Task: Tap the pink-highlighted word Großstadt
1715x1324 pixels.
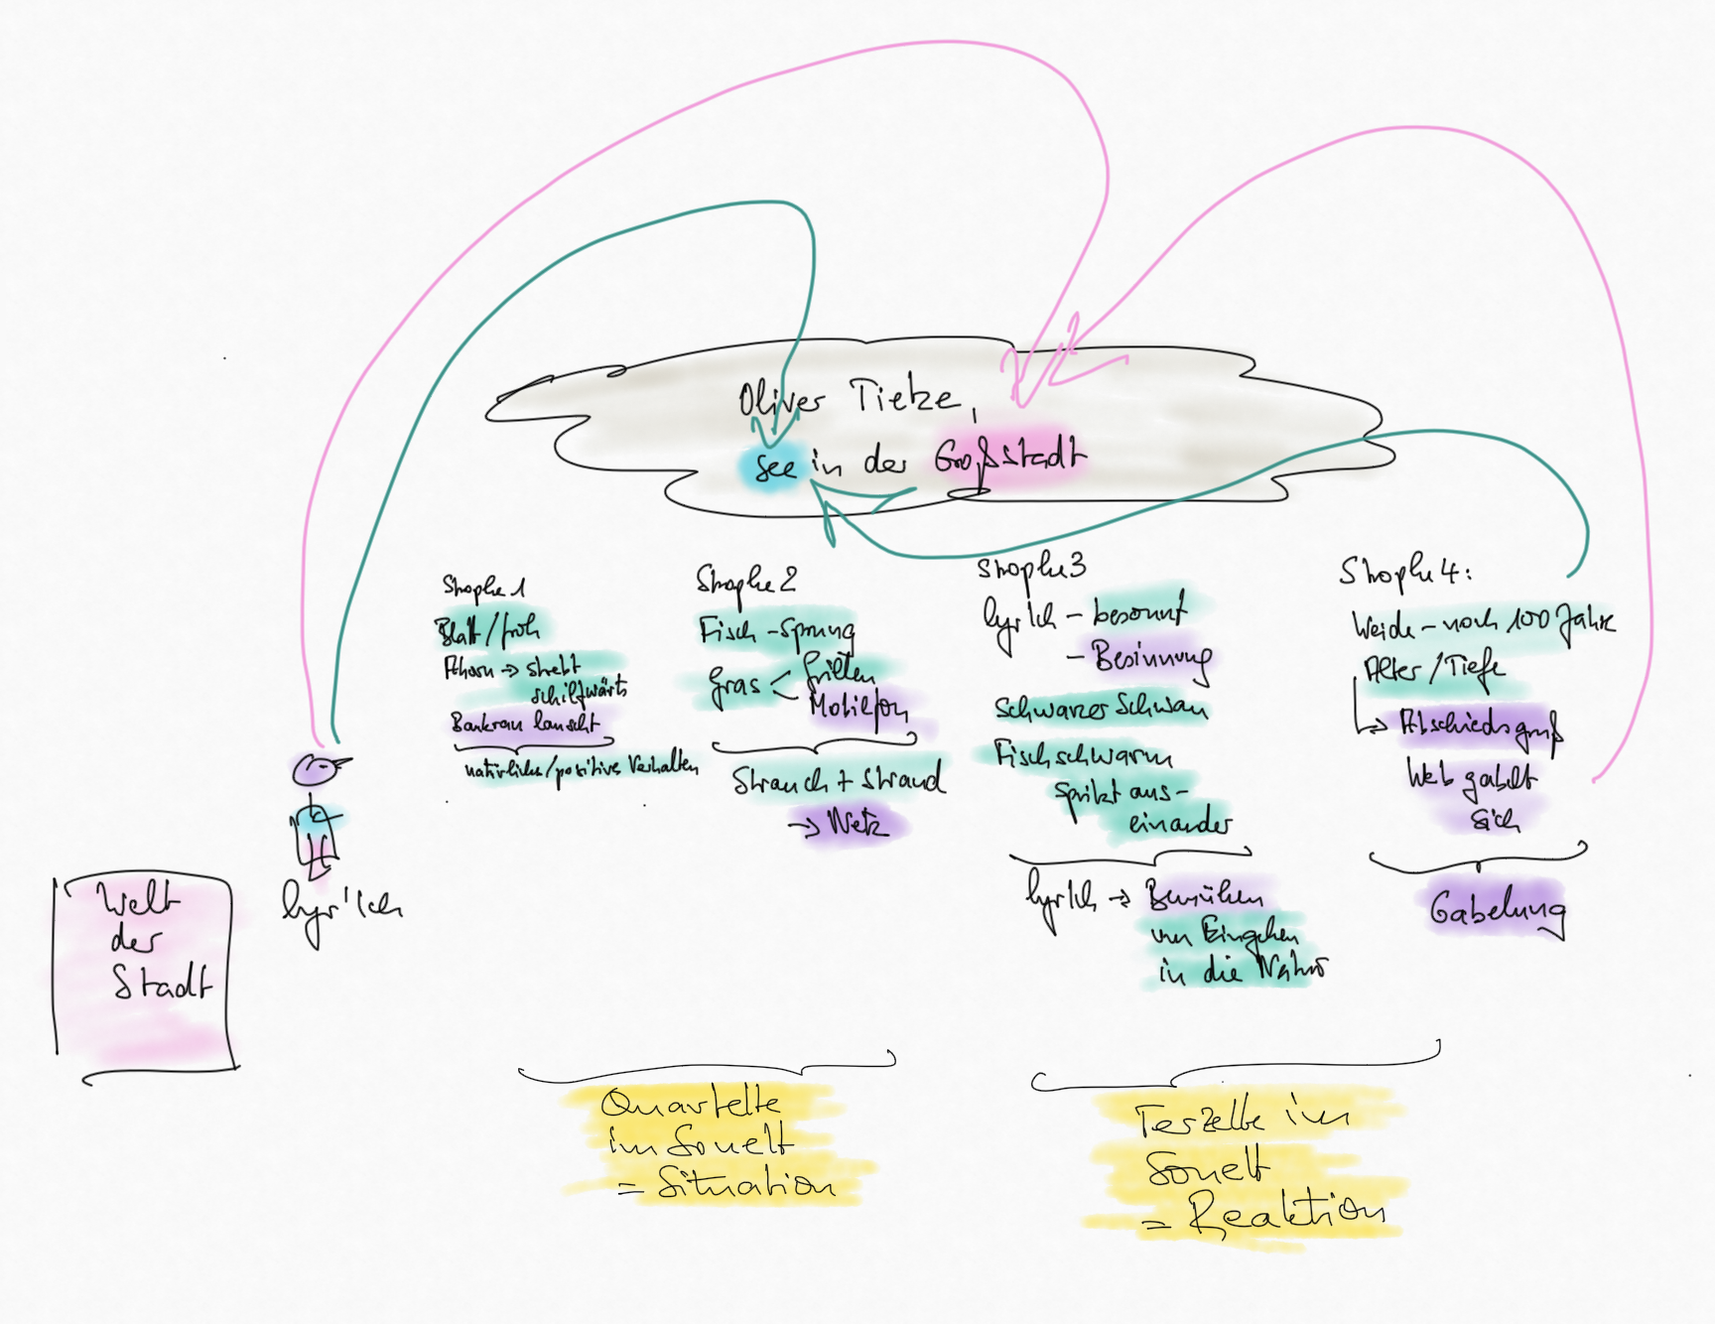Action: click(x=1008, y=459)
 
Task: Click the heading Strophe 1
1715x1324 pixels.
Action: click(x=483, y=588)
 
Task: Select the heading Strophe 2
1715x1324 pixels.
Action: click(x=745, y=581)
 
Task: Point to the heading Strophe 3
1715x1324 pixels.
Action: click(x=1030, y=569)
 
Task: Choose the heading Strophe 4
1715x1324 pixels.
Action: click(x=1403, y=572)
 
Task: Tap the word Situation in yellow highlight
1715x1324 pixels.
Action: click(x=745, y=1184)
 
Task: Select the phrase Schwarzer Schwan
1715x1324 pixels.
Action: click(x=1101, y=709)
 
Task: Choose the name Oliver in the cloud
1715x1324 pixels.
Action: click(x=780, y=400)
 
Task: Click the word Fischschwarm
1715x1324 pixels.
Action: click(x=1083, y=756)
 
